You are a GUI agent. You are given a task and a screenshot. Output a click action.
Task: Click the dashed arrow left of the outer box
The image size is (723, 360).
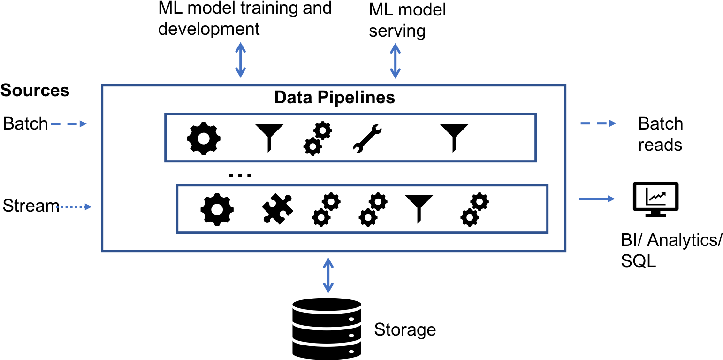[68, 124]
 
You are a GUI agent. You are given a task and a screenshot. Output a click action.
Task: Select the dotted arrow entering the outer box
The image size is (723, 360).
[74, 207]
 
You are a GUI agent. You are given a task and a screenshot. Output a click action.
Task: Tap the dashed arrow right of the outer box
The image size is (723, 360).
[598, 123]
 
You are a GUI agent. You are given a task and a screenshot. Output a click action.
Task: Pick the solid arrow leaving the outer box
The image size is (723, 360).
[597, 199]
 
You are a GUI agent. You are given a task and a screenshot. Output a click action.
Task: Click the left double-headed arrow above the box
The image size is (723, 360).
[241, 60]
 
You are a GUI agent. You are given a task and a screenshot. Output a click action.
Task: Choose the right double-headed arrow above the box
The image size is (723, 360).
[395, 61]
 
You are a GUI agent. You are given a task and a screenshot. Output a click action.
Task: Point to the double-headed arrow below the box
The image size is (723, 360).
[328, 275]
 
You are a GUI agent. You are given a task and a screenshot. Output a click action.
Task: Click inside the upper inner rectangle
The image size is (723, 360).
[350, 138]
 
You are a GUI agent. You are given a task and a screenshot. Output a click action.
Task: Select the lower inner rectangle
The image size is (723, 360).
[362, 209]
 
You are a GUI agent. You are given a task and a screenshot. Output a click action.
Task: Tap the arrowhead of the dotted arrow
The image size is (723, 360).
[88, 207]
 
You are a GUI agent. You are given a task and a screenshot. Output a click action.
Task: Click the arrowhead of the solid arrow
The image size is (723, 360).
[611, 199]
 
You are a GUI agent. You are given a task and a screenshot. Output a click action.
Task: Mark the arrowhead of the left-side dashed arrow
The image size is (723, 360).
[83, 124]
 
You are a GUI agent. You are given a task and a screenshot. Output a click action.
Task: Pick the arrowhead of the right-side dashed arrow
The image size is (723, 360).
[613, 123]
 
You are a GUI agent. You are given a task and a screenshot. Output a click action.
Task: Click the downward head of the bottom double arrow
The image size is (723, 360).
[328, 289]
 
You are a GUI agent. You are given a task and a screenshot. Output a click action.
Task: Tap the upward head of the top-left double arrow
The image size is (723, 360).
[241, 46]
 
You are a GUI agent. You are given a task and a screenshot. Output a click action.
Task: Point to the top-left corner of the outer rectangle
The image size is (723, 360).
[102, 85]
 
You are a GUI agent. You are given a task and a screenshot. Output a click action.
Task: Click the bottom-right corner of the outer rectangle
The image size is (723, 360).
[565, 251]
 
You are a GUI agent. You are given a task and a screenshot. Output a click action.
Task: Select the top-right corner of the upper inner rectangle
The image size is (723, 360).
[536, 114]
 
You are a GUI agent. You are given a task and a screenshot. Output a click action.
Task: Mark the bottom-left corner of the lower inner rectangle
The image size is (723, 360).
[177, 232]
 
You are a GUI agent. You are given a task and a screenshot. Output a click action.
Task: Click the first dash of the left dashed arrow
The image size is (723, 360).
[55, 124]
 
